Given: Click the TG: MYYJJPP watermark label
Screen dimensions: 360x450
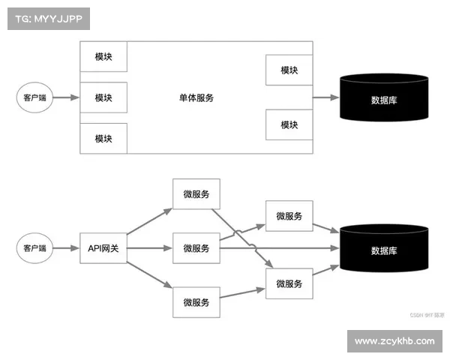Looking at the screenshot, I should [x=48, y=18].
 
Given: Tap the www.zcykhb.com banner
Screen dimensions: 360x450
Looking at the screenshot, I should [x=394, y=341].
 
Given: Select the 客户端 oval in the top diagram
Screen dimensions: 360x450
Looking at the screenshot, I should [x=34, y=98].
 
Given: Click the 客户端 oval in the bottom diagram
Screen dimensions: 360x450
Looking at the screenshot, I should [x=34, y=247].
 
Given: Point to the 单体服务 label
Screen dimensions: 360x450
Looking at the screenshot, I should [x=196, y=97].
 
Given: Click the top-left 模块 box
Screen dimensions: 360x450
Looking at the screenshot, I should [x=103, y=57].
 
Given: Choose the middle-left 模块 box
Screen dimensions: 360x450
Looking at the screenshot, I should [x=103, y=97].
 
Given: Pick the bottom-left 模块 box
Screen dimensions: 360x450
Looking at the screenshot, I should [x=103, y=139].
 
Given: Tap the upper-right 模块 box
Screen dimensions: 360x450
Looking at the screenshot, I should [x=289, y=70].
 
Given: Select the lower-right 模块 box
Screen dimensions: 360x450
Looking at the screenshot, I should [x=289, y=124].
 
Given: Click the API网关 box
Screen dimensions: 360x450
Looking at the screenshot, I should [x=103, y=248].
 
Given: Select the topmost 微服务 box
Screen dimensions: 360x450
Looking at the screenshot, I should [x=196, y=194].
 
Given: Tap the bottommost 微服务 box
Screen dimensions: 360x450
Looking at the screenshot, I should [x=196, y=302].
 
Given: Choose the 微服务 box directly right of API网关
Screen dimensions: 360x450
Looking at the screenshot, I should [x=196, y=248].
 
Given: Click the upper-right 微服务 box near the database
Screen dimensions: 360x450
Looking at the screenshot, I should [x=289, y=216].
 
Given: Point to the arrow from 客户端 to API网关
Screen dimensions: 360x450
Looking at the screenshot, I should [x=66, y=248].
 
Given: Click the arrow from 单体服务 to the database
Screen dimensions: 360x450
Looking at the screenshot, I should [x=325, y=98].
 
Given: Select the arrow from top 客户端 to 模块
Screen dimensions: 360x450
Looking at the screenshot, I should [x=66, y=98].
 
